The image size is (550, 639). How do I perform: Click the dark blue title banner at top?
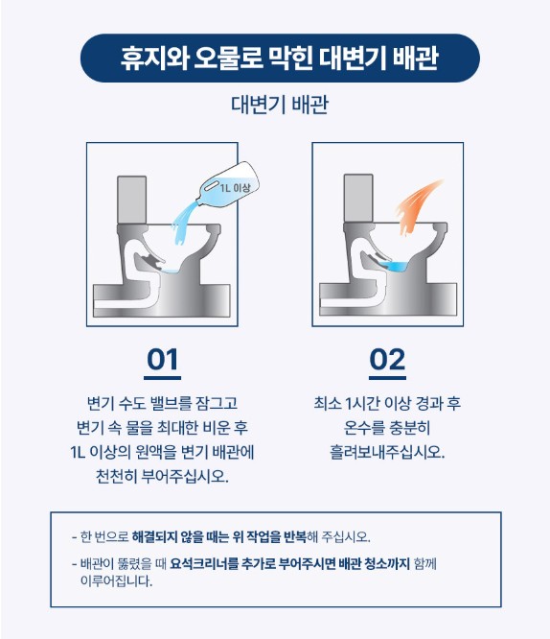pos(280,58)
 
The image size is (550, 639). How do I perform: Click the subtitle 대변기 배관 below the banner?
pos(280,105)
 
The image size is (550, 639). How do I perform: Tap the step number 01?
pos(163,360)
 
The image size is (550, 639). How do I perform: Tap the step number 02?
pos(387,360)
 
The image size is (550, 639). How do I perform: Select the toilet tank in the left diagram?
pos(131,200)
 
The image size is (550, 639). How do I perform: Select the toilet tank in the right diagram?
pos(358,199)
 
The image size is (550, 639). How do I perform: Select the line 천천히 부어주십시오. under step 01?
pos(162,476)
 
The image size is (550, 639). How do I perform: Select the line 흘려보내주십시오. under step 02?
pos(387,452)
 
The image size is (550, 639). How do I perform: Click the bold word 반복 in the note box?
pos(294,536)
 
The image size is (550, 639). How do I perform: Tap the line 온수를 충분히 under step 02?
pos(387,428)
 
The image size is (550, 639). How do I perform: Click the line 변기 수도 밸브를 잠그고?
pos(162,403)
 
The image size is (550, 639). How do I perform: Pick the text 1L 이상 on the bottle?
pos(236,188)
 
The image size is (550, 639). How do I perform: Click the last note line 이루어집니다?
pos(117,580)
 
